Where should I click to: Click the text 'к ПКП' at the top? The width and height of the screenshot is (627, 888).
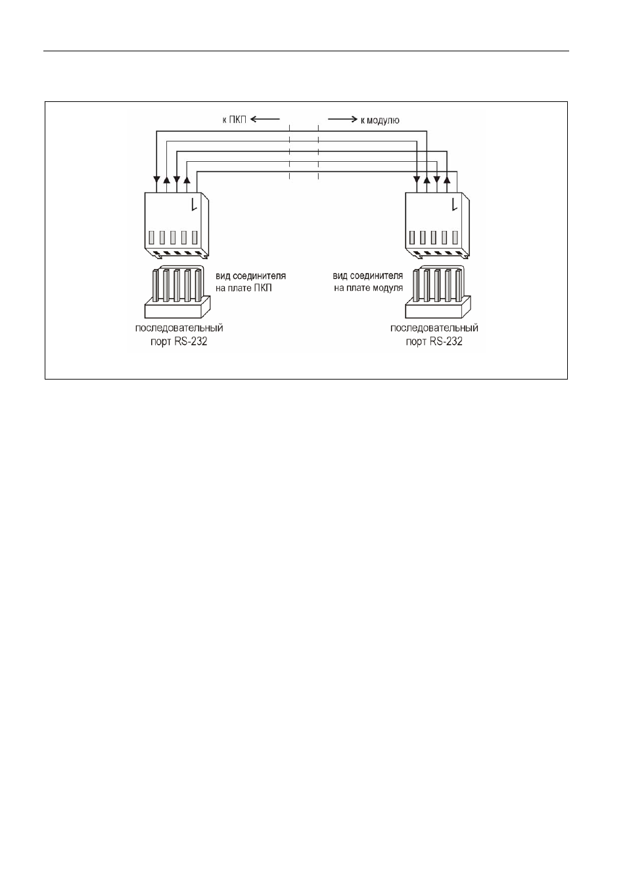234,119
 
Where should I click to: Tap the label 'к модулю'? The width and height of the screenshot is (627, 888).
380,120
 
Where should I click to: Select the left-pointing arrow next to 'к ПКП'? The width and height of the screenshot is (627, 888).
266,118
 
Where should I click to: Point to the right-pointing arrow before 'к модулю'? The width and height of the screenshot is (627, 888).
342,119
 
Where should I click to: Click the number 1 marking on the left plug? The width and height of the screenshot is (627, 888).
194,205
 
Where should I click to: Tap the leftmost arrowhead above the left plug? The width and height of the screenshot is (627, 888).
156,179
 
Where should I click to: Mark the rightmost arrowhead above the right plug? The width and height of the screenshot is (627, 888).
447,179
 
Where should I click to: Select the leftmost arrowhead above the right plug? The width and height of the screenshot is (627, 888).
416,179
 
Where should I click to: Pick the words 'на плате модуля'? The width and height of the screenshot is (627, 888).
368,288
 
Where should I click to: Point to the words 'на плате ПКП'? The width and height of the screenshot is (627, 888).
244,288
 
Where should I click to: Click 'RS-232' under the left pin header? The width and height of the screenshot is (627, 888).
190,341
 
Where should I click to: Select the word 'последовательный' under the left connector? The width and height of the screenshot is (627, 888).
179,328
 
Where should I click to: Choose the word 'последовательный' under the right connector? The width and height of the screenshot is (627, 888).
434,328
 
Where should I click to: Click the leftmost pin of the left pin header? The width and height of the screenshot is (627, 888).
155,285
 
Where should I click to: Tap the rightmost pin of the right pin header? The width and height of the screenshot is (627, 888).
458,285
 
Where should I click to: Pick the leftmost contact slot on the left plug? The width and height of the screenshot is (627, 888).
151,238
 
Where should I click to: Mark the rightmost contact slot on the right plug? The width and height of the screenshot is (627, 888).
455,238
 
